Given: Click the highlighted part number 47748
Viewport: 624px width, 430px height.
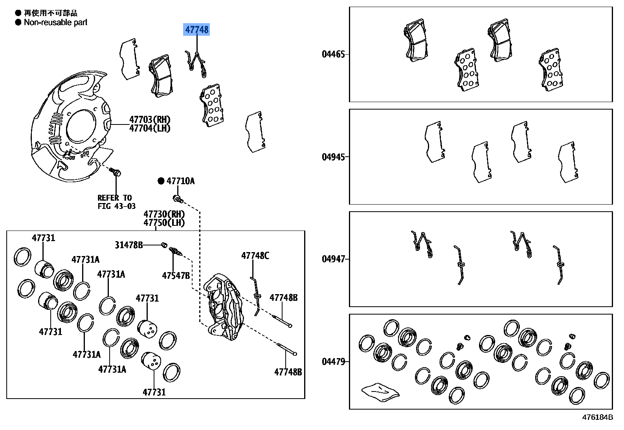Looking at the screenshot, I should tap(197, 29).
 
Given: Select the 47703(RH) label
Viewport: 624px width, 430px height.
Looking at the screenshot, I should tap(150, 119).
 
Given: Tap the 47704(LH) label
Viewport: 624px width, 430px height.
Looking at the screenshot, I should tap(150, 128).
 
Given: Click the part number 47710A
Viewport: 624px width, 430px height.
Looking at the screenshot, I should tap(180, 181).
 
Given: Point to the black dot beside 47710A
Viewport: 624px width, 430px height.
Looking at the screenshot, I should tap(161, 181).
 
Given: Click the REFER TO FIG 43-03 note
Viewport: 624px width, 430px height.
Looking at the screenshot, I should tap(116, 202).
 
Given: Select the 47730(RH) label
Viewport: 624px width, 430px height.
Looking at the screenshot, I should tap(164, 214).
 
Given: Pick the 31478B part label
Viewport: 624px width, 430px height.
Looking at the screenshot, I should tap(128, 245).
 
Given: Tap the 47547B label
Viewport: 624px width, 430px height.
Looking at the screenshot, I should tap(176, 276).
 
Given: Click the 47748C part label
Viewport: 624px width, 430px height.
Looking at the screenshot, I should tap(255, 256).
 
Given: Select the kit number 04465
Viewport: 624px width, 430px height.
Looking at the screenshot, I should tap(333, 54).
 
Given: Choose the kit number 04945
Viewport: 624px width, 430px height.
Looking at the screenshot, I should tap(333, 157).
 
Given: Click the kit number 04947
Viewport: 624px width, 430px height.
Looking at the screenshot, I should tap(333, 259).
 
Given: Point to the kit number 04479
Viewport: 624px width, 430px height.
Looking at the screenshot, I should tap(333, 361).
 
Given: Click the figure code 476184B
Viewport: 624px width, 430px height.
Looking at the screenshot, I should tap(597, 417).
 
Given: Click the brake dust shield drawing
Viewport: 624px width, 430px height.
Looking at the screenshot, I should tap(71, 126).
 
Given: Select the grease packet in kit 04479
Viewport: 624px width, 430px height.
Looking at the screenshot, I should tap(380, 392).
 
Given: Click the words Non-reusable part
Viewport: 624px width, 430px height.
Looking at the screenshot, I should tap(55, 22).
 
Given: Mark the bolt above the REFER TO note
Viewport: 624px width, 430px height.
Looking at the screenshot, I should tap(116, 172).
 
